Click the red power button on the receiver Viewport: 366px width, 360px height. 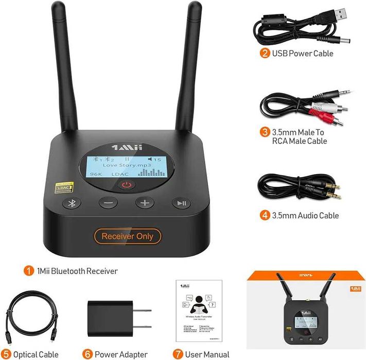pos(127,185)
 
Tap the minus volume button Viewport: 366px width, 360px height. pos(108,202)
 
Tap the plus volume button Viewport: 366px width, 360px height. pos(145,202)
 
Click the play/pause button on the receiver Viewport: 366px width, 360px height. pos(182,202)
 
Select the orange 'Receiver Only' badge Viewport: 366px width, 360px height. pos(127,236)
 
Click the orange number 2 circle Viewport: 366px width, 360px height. pos(265,53)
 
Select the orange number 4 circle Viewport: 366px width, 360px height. pos(265,215)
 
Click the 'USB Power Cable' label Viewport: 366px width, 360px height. pos(303,54)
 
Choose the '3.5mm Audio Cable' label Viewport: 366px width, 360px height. pos(306,216)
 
